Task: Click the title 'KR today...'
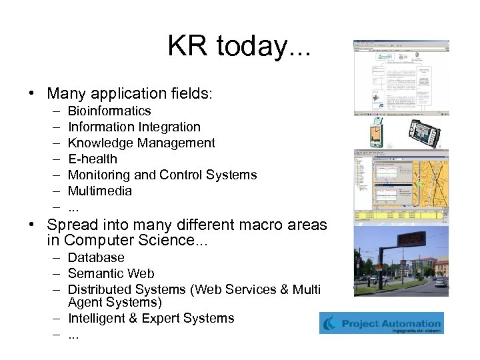pos(239,47)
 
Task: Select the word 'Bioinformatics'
pos(109,111)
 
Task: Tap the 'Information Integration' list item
pos(134,127)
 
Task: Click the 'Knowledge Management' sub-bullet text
pos(141,143)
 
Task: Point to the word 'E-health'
pos(92,159)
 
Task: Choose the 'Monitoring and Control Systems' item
pos(162,175)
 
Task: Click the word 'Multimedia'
pos(100,191)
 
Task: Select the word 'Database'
pos(96,257)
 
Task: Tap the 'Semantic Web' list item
pos(111,273)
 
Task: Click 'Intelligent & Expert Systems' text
pos(151,318)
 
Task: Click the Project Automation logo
pos(381,323)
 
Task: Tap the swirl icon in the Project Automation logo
pos(331,323)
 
